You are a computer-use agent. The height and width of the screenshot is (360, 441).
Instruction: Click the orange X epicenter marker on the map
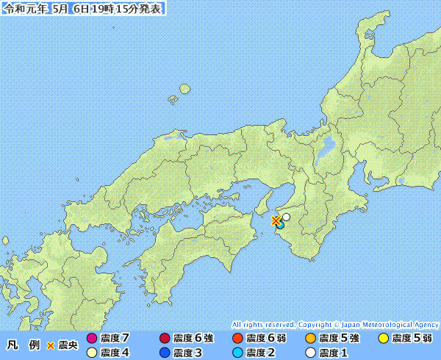point(276,220)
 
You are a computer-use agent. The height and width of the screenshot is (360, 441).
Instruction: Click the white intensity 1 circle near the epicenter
point(286,217)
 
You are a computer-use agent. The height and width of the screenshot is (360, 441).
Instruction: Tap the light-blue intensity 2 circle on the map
point(279,225)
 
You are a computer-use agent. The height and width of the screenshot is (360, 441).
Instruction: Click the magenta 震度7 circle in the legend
point(92,339)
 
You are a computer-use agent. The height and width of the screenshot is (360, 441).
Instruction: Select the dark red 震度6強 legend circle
point(164,339)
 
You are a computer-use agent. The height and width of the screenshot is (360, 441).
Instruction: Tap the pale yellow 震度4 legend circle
point(92,353)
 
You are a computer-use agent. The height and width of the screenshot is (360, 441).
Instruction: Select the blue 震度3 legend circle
point(164,353)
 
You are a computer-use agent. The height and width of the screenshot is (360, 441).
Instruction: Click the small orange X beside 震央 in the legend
point(51,345)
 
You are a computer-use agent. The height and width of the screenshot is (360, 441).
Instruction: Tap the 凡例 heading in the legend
point(22,345)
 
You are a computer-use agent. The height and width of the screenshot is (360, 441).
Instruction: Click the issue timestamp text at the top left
point(83,9)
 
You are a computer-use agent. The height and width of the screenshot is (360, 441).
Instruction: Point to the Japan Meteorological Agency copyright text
point(335,324)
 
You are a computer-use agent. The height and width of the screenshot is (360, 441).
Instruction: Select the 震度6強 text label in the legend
point(193,339)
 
